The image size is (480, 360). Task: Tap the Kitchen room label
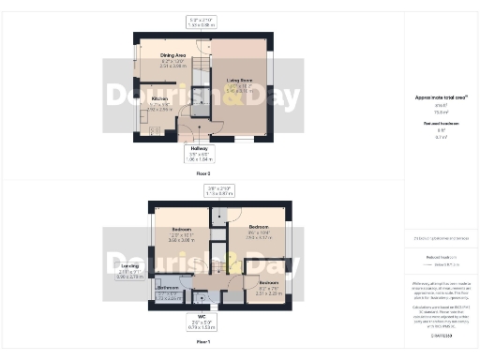(x=159, y=97)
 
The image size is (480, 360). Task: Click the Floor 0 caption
(x=202, y=173)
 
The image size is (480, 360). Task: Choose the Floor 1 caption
(x=202, y=343)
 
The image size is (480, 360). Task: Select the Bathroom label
(x=169, y=287)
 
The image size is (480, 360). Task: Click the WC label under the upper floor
(x=201, y=316)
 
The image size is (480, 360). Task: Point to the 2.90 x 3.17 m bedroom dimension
(x=260, y=237)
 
